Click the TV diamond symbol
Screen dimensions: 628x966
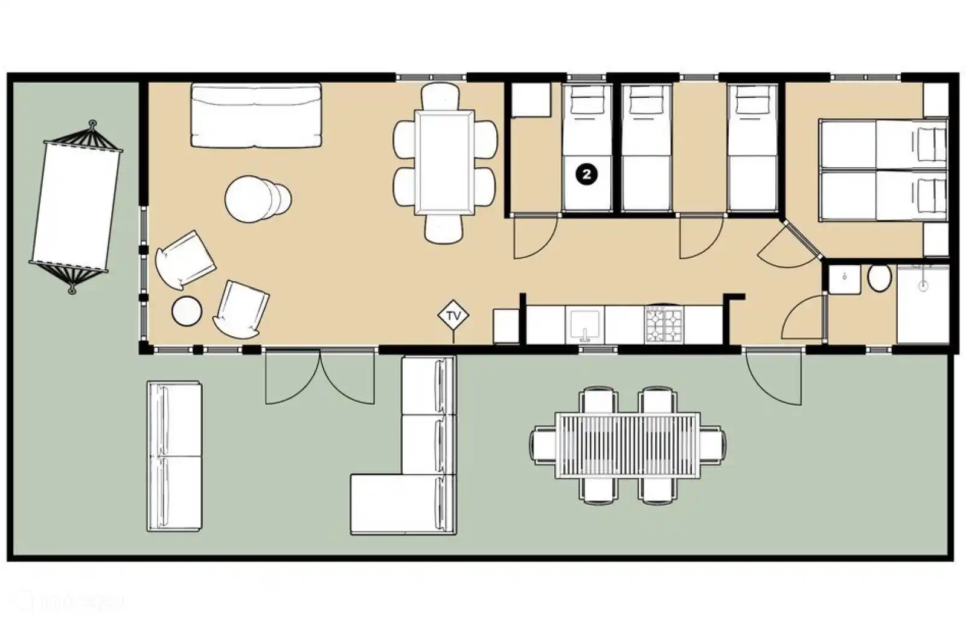click(453, 315)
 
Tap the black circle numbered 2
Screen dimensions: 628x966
click(587, 175)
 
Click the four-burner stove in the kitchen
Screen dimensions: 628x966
click(663, 324)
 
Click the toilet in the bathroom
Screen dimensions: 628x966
click(879, 279)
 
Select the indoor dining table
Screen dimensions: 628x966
click(444, 162)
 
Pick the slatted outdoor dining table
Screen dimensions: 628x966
click(628, 445)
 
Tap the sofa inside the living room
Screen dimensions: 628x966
click(256, 115)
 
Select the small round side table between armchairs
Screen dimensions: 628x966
click(187, 311)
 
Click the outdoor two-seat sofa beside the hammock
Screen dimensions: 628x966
click(174, 456)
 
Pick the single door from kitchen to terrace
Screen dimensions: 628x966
click(773, 377)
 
